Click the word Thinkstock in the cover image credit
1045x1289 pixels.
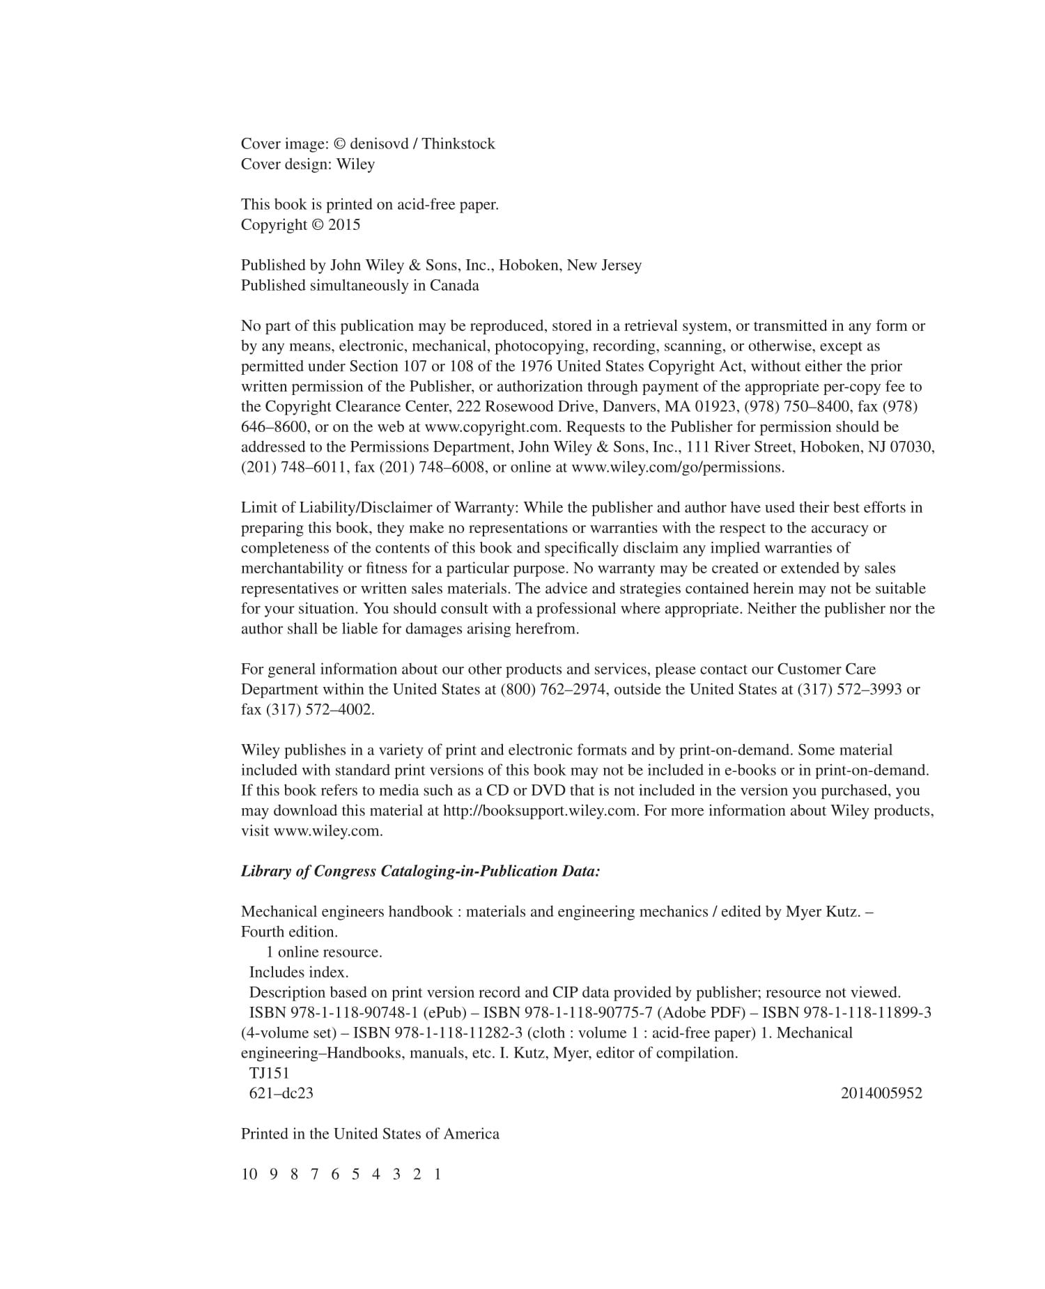pyautogui.click(x=458, y=144)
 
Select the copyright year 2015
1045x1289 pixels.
pyautogui.click(x=344, y=225)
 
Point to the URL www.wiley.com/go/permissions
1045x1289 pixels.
pyautogui.click(x=677, y=468)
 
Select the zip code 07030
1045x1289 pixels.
pyautogui.click(x=909, y=447)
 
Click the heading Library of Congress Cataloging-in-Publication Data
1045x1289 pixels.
pyautogui.click(x=420, y=872)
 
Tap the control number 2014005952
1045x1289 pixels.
pyautogui.click(x=881, y=1093)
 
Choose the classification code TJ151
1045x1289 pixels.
pyautogui.click(x=269, y=1073)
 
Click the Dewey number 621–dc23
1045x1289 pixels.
pyautogui.click(x=281, y=1093)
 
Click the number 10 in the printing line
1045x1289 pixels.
pyautogui.click(x=249, y=1174)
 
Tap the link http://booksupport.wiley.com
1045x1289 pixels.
pyautogui.click(x=540, y=811)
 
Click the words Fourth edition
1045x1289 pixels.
pyautogui.click(x=289, y=932)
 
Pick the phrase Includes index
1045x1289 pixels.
pyautogui.click(x=299, y=972)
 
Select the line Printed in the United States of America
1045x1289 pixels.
pyautogui.click(x=370, y=1134)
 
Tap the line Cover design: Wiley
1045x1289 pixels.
pyautogui.click(x=308, y=164)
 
